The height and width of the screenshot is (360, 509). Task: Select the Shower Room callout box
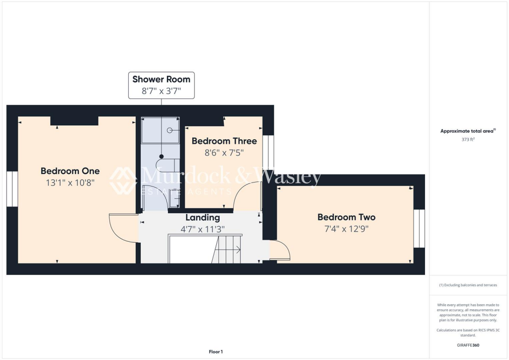click(161, 85)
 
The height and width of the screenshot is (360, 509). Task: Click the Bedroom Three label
click(224, 141)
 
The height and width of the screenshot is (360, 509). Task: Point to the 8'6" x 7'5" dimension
click(224, 153)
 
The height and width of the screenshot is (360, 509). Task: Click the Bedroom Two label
click(346, 217)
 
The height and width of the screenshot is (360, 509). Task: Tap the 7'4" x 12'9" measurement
click(346, 229)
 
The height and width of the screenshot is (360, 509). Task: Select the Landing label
click(202, 217)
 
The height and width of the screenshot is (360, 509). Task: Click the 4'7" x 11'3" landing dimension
click(202, 229)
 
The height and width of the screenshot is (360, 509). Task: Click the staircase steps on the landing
click(228, 249)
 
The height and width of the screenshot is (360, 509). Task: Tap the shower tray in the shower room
click(160, 130)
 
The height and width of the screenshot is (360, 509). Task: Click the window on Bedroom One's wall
click(12, 189)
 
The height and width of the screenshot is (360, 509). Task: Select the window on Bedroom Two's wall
click(420, 228)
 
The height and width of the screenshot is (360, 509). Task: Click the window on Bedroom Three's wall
click(268, 152)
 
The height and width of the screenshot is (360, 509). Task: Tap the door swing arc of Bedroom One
click(122, 228)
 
